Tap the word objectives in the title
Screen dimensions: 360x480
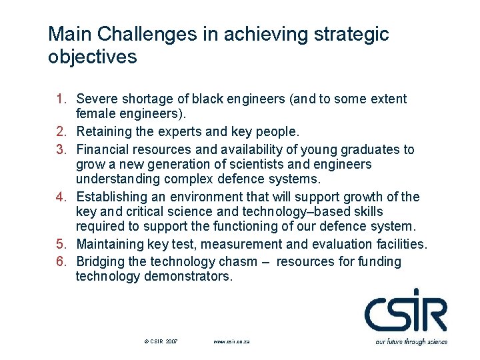tap(93, 57)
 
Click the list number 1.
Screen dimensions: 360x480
tap(61, 99)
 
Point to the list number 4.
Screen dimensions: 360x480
tap(61, 197)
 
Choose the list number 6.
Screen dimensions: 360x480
tap(61, 261)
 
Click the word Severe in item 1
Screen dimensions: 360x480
tap(97, 99)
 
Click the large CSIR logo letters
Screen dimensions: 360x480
tap(405, 311)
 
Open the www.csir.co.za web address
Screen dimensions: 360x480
tap(231, 341)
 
